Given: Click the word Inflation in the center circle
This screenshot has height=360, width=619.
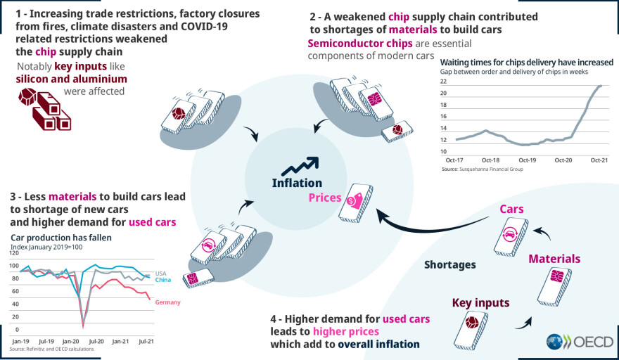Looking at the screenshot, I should coord(298,184).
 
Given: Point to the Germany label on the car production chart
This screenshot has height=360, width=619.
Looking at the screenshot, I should coord(167,302).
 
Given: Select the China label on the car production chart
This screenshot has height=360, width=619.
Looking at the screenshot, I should coord(163,280).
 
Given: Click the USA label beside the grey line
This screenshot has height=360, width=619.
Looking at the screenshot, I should coord(160,273).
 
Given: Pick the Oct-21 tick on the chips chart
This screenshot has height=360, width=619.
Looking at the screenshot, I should coord(599,160).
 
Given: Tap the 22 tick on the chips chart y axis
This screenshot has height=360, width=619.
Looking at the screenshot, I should coord(444,82).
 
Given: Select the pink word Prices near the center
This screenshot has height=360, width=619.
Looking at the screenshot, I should coord(325,199).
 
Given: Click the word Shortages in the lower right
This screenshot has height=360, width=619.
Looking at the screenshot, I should coord(450,265).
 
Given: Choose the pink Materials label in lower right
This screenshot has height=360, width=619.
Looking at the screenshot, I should coord(554,259).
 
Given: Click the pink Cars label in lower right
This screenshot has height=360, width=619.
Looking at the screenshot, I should coord(511,210).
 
